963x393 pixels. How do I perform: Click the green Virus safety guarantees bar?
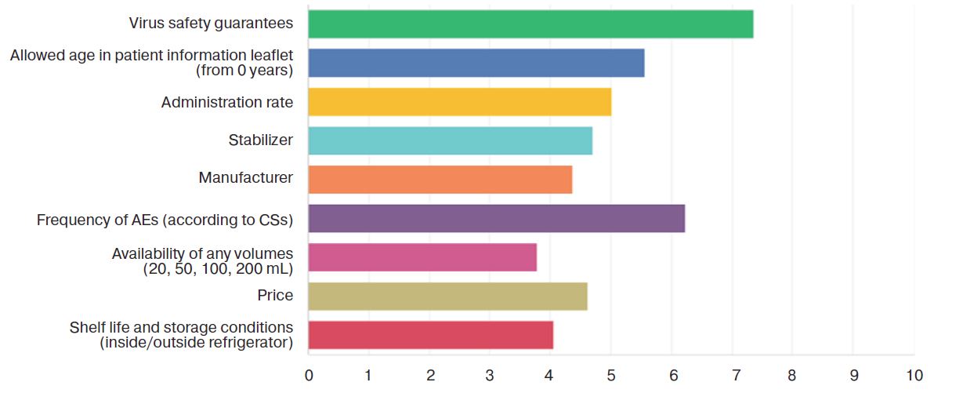click(x=530, y=24)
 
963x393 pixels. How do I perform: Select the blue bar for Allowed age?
click(x=476, y=63)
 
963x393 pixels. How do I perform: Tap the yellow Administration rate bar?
click(x=459, y=102)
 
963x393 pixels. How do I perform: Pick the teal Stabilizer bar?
click(x=450, y=140)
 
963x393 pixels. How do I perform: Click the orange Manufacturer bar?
click(x=440, y=180)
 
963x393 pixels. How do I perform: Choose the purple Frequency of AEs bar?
click(x=496, y=218)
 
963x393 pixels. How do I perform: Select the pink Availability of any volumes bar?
click(x=422, y=257)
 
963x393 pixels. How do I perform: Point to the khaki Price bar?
click(x=447, y=296)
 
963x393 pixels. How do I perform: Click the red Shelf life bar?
click(x=430, y=335)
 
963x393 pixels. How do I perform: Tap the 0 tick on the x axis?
click(x=309, y=375)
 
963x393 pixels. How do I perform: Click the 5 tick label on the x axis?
click(x=611, y=375)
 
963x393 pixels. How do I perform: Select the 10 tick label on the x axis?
click(x=914, y=375)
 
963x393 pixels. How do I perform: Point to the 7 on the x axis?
click(x=733, y=375)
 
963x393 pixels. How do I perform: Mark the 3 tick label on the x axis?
click(x=490, y=375)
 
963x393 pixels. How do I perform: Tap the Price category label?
click(x=275, y=296)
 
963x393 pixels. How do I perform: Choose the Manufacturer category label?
click(x=246, y=178)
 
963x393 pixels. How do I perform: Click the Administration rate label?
click(x=227, y=103)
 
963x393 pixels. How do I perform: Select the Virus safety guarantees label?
click(x=212, y=24)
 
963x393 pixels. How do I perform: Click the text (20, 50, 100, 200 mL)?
click(x=218, y=269)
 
